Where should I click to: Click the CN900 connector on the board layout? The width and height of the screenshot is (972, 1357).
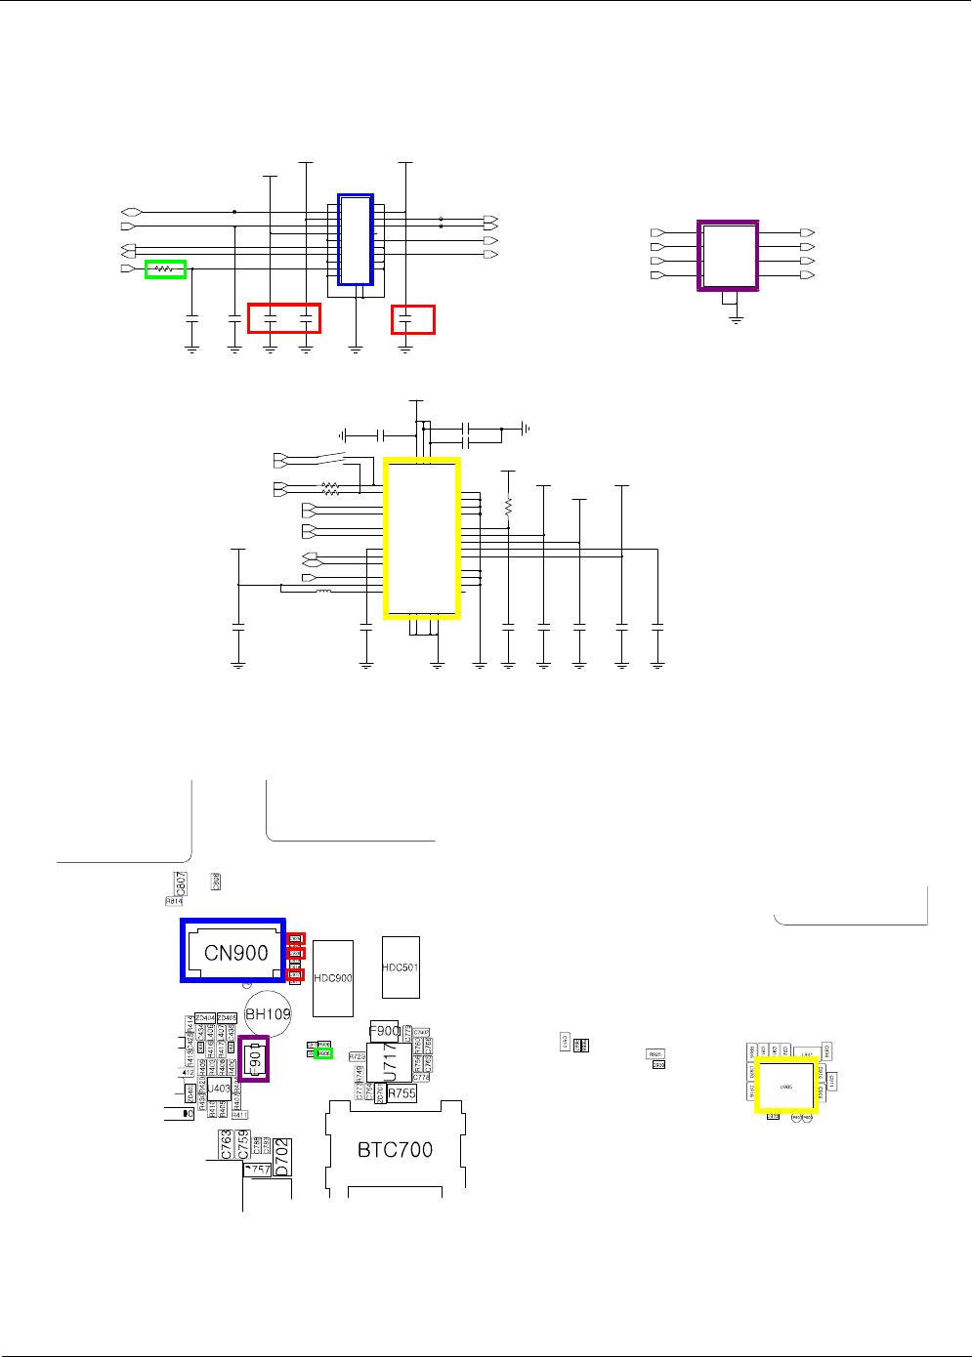(x=233, y=951)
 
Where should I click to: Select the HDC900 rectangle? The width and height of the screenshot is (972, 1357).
(x=333, y=978)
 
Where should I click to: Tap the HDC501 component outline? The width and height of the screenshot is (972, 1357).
(x=401, y=967)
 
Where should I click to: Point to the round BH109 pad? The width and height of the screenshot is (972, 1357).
(x=268, y=1014)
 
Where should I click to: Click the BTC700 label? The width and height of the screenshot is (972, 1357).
(x=395, y=1150)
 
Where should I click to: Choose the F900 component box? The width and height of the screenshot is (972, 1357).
(x=384, y=1030)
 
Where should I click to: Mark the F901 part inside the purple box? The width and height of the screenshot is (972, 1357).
(x=254, y=1059)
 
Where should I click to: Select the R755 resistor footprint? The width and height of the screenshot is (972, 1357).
(x=401, y=1093)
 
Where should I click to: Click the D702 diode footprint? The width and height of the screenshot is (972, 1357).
(x=282, y=1157)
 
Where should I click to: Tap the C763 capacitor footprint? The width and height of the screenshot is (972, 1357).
(x=226, y=1145)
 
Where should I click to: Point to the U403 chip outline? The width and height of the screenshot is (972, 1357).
(x=219, y=1089)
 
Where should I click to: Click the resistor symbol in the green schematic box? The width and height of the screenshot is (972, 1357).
(x=165, y=268)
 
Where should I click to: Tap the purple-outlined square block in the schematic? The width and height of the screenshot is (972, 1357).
(x=728, y=255)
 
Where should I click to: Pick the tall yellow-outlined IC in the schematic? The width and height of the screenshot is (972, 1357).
(x=421, y=538)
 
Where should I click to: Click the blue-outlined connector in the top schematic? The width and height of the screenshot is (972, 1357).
(x=356, y=239)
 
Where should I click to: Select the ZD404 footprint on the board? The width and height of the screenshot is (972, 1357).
(x=205, y=1018)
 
